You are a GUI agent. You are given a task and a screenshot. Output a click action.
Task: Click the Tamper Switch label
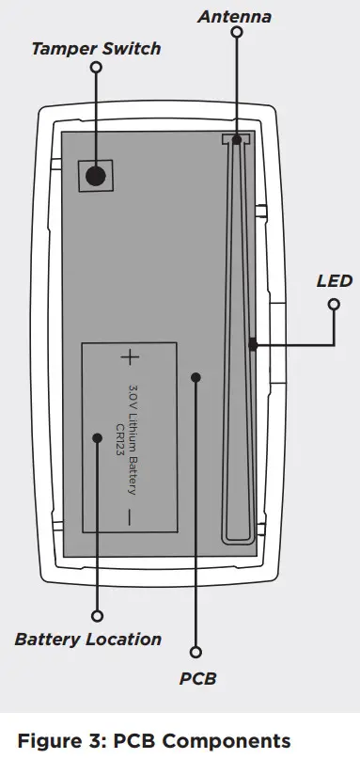tap(96, 49)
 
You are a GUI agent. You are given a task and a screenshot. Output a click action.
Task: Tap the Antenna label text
tap(235, 17)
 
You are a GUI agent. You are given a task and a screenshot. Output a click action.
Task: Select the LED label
tap(334, 281)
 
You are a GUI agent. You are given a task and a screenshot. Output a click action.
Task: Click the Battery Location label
tap(88, 640)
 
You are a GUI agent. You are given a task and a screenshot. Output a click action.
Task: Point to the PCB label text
tap(197, 677)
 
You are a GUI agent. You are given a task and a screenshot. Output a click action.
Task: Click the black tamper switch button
tap(96, 175)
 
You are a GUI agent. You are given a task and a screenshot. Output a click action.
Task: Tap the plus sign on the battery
tap(129, 357)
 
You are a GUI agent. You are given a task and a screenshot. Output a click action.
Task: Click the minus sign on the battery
tap(129, 515)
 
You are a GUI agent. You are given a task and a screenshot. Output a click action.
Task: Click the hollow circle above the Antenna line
tap(236, 32)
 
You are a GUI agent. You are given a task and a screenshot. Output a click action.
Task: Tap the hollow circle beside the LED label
tap(334, 304)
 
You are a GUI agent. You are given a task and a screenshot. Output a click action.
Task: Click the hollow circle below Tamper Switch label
tap(96, 68)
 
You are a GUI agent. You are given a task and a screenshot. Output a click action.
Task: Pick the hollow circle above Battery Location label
tap(96, 616)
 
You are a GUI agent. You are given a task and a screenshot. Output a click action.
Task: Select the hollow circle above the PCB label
tap(196, 652)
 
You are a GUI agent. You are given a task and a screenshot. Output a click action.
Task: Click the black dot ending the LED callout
tap(253, 345)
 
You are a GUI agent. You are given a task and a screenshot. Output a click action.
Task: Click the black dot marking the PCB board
tap(196, 377)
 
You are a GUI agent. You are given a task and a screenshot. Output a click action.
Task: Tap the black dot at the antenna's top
tap(237, 140)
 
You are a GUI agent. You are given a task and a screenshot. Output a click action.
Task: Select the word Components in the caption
tap(230, 740)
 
